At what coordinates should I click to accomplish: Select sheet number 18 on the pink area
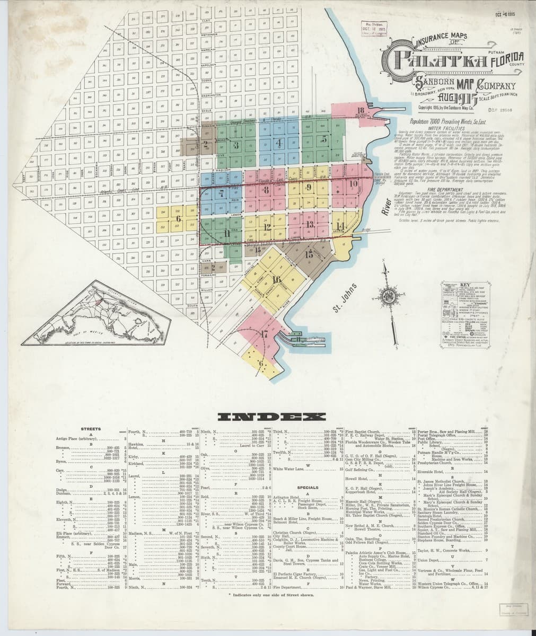point(361,111)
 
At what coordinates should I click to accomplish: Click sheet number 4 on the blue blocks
point(278,143)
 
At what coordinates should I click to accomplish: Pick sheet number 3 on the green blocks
point(236,145)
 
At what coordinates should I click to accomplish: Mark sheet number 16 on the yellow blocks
point(276,279)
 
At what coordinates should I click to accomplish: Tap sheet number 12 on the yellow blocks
point(268,227)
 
